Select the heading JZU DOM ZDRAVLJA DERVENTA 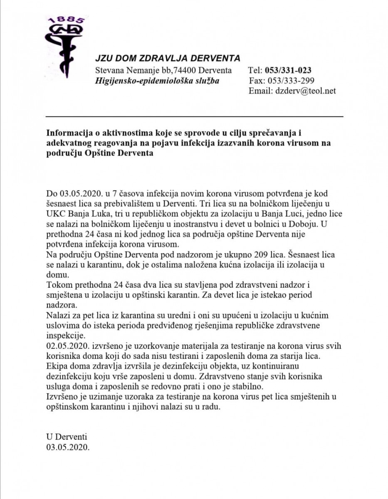click(168, 58)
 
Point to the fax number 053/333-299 click(293, 80)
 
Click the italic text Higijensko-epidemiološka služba click(157, 80)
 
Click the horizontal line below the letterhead click(195, 116)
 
